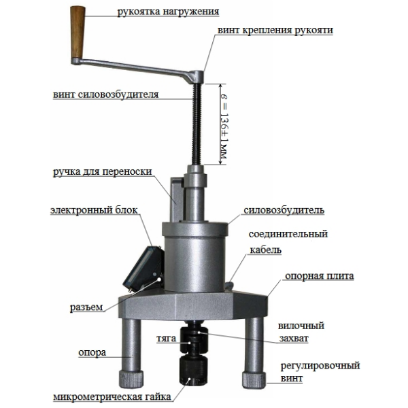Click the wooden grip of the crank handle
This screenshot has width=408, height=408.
(78, 32)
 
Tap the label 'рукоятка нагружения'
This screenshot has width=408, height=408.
(168, 12)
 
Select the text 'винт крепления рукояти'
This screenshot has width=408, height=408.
(275, 30)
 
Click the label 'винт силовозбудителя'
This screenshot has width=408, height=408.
(106, 95)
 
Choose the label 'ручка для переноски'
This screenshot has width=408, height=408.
(103, 172)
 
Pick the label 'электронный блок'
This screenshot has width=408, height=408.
(94, 210)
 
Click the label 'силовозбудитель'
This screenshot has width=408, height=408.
(284, 210)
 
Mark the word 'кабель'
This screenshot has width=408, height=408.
(266, 250)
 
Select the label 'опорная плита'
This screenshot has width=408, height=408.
(320, 276)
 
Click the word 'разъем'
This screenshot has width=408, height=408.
(86, 307)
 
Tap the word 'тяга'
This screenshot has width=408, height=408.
(167, 339)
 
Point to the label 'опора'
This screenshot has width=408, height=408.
(92, 353)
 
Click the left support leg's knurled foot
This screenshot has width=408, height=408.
(131, 379)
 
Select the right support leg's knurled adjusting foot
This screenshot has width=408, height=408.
(254, 380)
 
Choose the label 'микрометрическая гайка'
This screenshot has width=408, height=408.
(112, 397)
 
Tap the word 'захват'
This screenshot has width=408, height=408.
(294, 338)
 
